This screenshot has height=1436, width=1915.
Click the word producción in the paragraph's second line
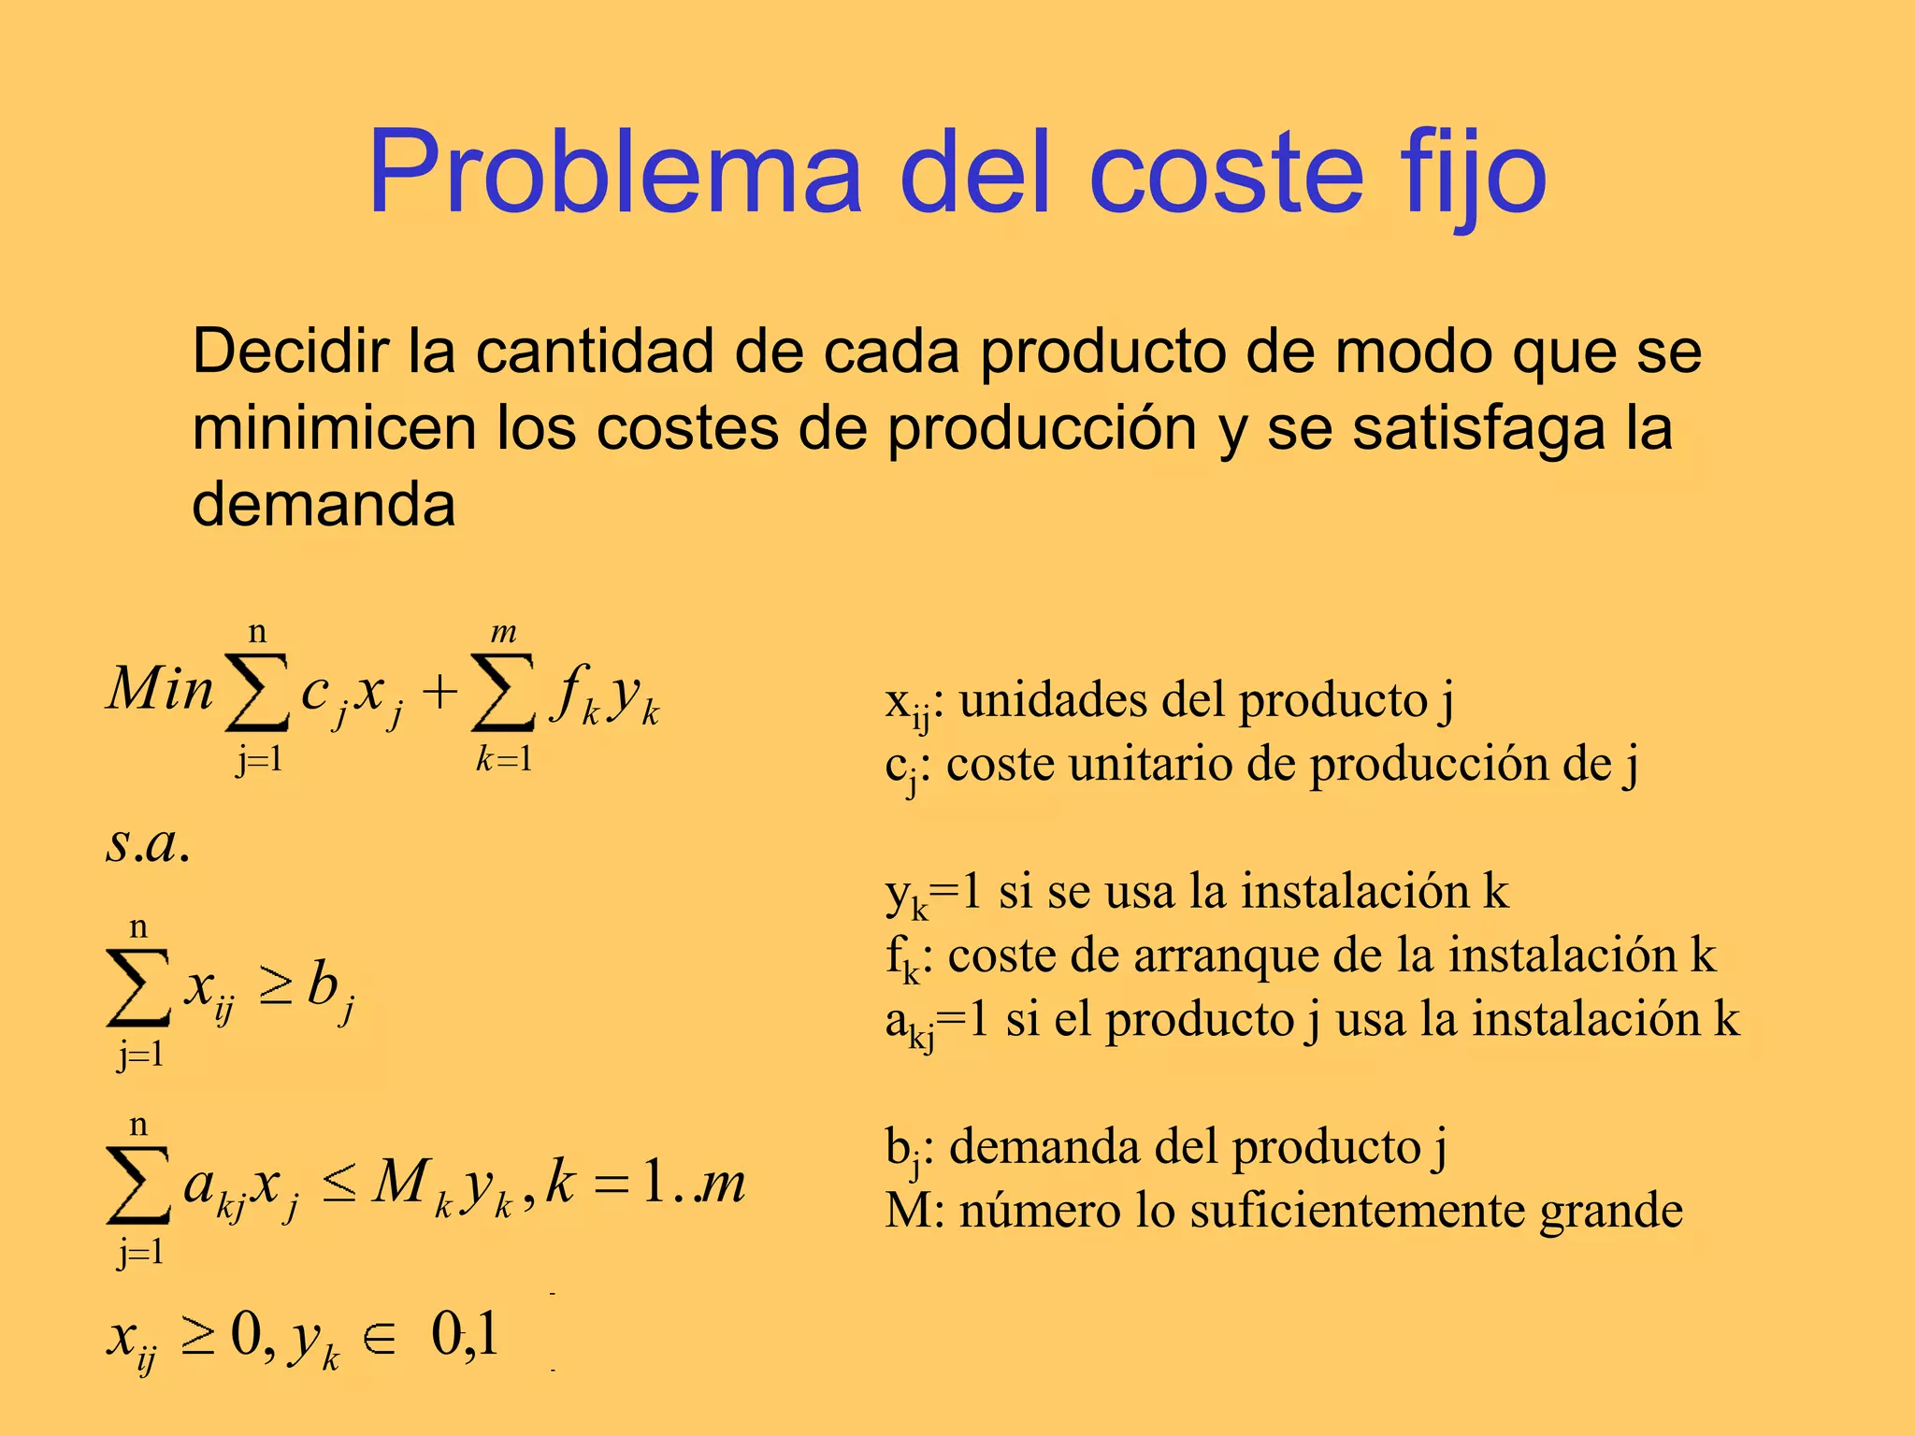point(1042,429)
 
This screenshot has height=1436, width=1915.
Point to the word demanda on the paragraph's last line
point(324,506)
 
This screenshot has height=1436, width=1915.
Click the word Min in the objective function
point(160,690)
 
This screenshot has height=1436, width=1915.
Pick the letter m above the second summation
point(504,633)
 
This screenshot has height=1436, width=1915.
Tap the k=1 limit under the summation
point(504,758)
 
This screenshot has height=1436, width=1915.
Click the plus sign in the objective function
point(439,694)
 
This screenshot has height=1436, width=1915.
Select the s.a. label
point(148,843)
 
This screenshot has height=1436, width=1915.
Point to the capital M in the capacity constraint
point(402,1183)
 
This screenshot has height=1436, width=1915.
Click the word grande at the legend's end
point(1611,1211)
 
